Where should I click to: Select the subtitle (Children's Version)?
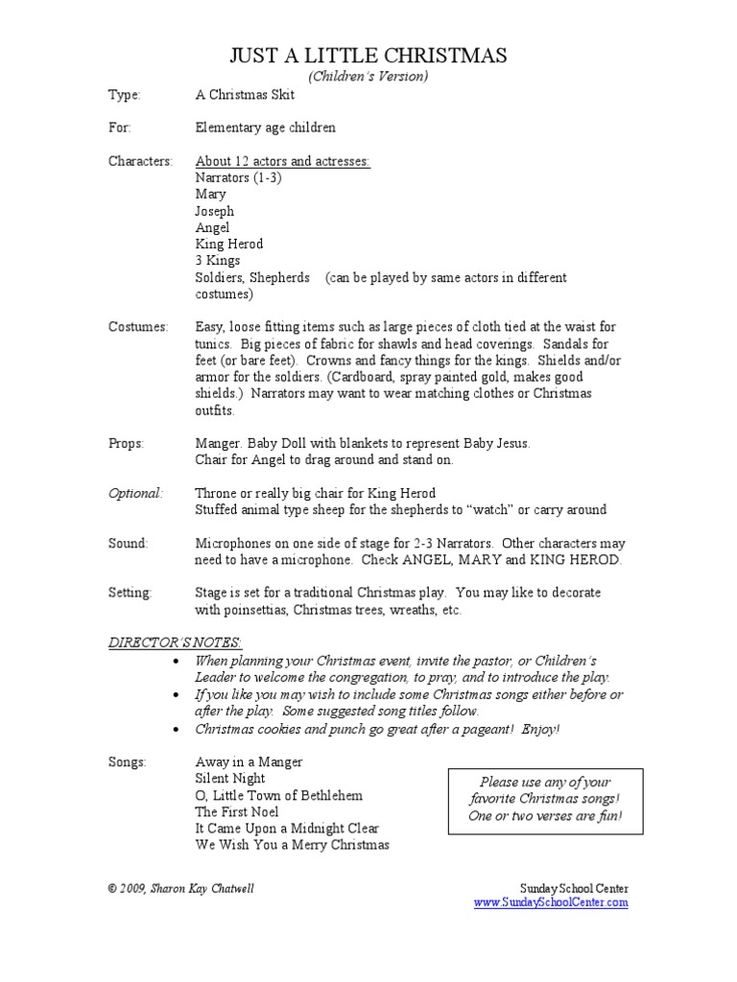pyautogui.click(x=368, y=76)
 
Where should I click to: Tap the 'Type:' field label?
pyautogui.click(x=124, y=95)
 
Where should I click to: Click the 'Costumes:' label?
pyautogui.click(x=138, y=327)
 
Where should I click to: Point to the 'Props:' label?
pyautogui.click(x=127, y=443)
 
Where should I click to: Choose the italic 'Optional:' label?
pyautogui.click(x=135, y=493)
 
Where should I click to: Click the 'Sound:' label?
pyautogui.click(x=129, y=543)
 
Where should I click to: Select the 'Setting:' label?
pyautogui.click(x=130, y=593)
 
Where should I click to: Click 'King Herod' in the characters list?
pyautogui.click(x=228, y=244)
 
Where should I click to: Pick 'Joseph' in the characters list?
pyautogui.click(x=214, y=211)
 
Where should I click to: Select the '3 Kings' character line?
pyautogui.click(x=218, y=260)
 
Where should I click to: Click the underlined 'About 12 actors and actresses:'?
pyautogui.click(x=282, y=161)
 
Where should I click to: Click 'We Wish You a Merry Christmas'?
pyautogui.click(x=292, y=845)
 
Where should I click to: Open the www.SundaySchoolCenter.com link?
pyautogui.click(x=551, y=902)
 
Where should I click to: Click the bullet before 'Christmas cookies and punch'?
pyautogui.click(x=174, y=729)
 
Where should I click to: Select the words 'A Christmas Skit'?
pyautogui.click(x=245, y=95)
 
